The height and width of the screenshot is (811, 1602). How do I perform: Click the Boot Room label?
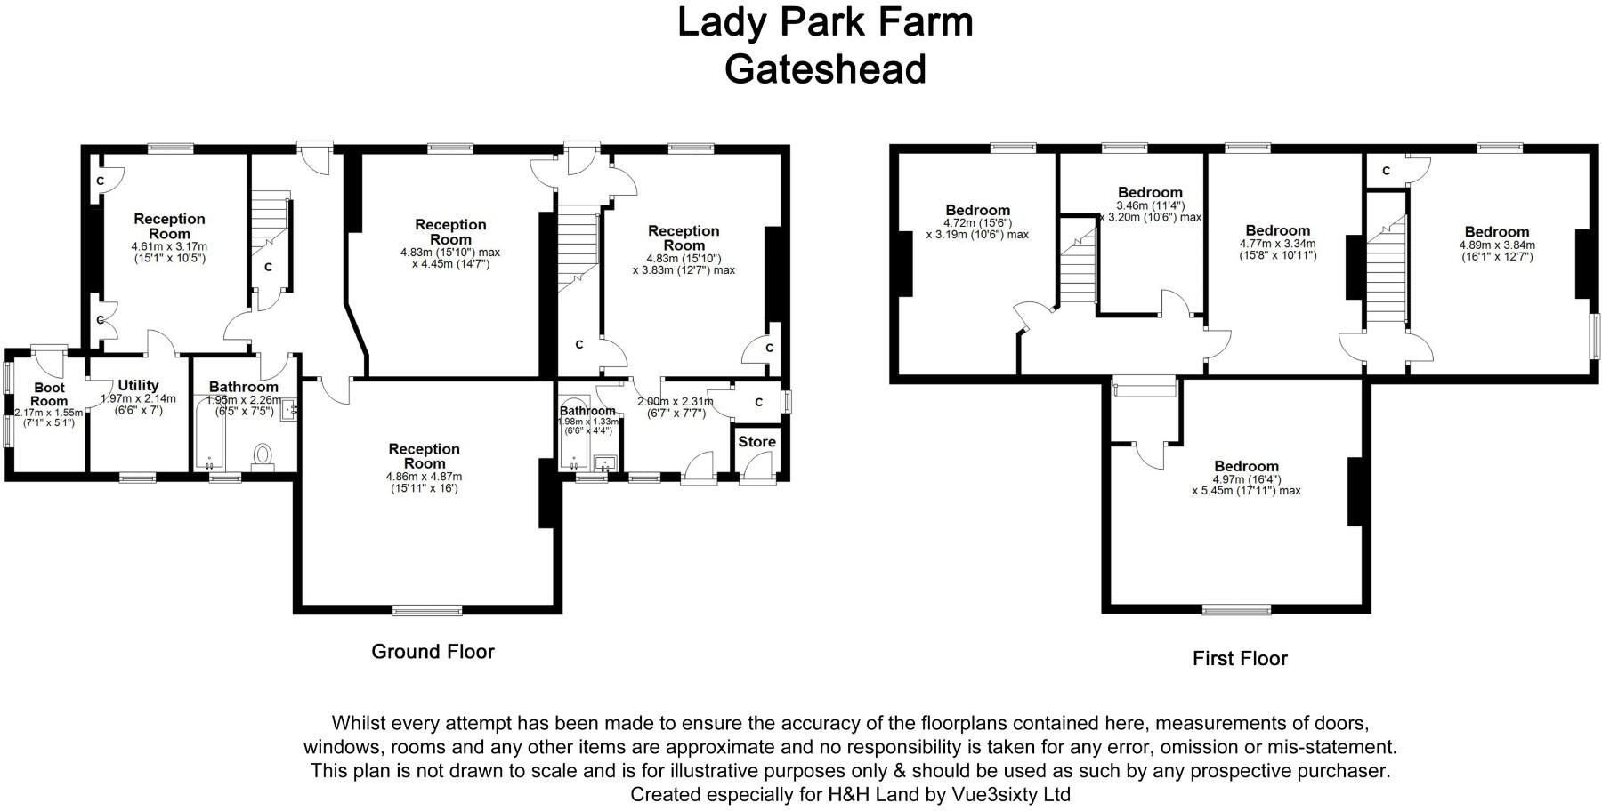[x=49, y=394]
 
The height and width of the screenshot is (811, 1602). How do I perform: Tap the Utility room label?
[x=138, y=385]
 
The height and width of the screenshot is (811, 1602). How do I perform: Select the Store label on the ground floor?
[x=756, y=441]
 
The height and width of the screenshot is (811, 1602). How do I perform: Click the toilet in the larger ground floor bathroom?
[x=263, y=455]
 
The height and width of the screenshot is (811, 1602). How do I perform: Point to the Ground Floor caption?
[x=433, y=652]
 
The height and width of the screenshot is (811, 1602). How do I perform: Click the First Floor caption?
[x=1240, y=659]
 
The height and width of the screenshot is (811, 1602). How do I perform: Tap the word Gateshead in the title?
[x=825, y=69]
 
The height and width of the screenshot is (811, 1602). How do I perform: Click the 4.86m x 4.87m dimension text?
[x=425, y=477]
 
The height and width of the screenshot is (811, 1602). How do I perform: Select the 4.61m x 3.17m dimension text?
[x=169, y=246]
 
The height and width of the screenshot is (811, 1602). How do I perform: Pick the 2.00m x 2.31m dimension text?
[x=676, y=401]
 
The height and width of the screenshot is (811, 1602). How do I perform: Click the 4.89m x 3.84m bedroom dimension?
[x=1497, y=245]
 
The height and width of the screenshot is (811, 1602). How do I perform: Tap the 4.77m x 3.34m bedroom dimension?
[x=1277, y=243]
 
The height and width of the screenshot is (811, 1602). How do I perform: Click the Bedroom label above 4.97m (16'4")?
[x=1246, y=466]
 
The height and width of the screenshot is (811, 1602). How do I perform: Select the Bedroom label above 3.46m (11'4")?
[x=1150, y=192]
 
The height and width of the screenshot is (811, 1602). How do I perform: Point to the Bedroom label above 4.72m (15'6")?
[x=977, y=211]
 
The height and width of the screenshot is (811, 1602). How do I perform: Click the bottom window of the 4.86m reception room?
[x=428, y=610]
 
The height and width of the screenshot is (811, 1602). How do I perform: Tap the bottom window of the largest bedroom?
[x=1237, y=610]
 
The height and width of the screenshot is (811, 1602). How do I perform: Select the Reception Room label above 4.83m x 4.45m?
[x=450, y=231]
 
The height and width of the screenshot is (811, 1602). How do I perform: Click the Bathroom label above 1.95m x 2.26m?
[x=243, y=387]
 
